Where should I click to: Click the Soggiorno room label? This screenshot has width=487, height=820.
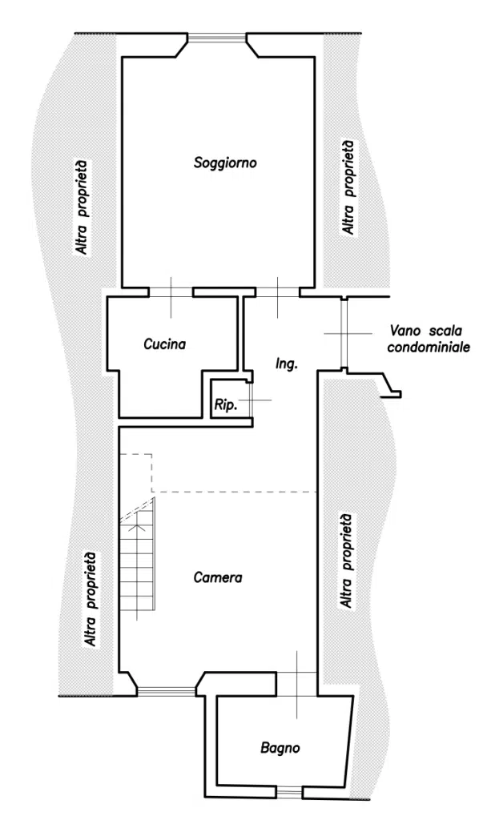(x=224, y=163)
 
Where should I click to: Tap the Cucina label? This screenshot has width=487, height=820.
(x=165, y=345)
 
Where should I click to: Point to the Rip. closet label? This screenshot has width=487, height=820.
(x=225, y=407)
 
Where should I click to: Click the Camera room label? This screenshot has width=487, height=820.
(x=218, y=577)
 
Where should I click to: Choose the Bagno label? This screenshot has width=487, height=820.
(x=280, y=749)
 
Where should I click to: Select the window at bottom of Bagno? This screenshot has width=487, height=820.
(x=289, y=792)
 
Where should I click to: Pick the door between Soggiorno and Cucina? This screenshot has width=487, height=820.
(x=171, y=291)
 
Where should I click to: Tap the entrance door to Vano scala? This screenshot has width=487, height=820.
(x=343, y=332)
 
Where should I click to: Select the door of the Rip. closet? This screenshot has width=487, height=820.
(x=250, y=398)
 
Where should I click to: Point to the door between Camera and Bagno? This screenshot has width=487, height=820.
(x=296, y=677)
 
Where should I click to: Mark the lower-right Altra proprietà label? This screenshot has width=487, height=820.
(x=348, y=561)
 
